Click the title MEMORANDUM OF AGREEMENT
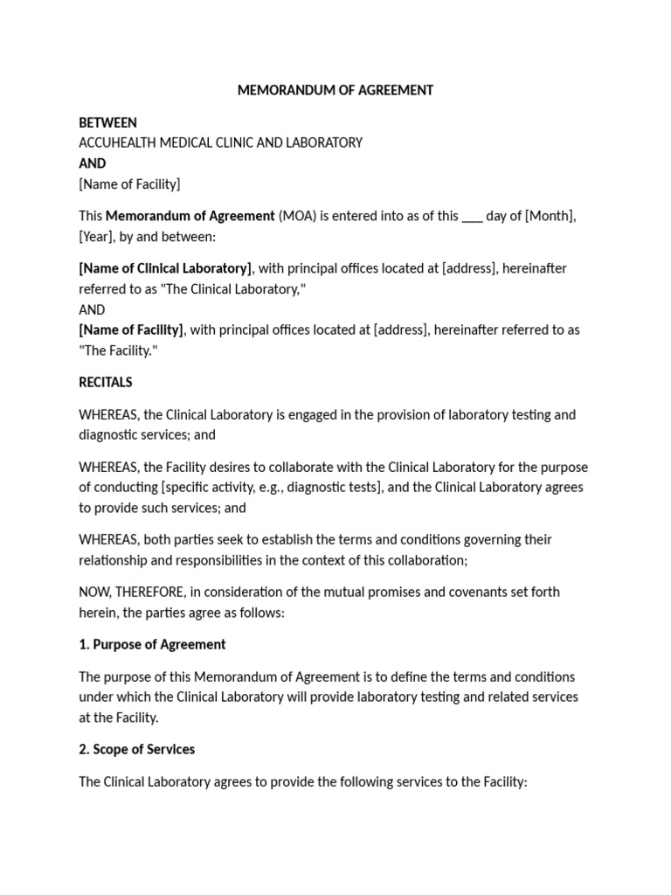pos(335,91)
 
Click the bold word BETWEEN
pos(107,122)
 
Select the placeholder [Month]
pos(550,216)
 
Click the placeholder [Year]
pos(97,236)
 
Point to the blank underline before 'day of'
pos(472,219)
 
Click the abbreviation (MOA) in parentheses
pos(296,216)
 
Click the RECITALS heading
pos(106,382)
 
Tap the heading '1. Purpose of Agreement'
pos(152,644)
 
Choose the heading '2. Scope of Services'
pos(136,749)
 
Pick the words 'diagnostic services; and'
pos(147,434)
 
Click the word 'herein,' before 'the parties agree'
pos(98,612)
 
